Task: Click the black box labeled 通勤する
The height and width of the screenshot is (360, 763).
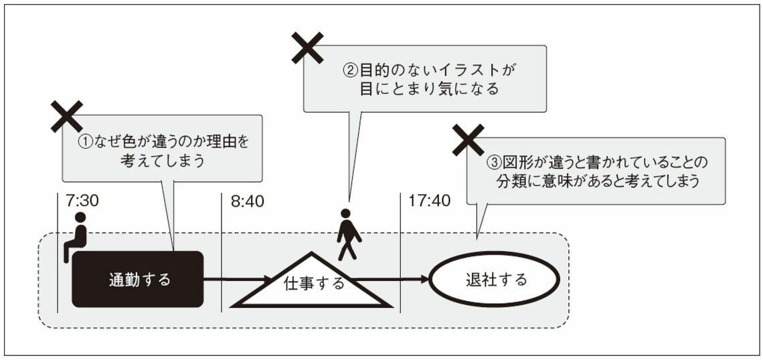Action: click(x=137, y=279)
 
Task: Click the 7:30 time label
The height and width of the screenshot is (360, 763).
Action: click(x=84, y=200)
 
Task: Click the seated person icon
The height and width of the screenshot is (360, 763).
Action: click(x=76, y=237)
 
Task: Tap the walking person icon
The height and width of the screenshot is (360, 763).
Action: click(x=347, y=235)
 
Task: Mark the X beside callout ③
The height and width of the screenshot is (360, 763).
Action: click(x=468, y=139)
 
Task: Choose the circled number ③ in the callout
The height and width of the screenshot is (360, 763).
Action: click(x=493, y=163)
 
